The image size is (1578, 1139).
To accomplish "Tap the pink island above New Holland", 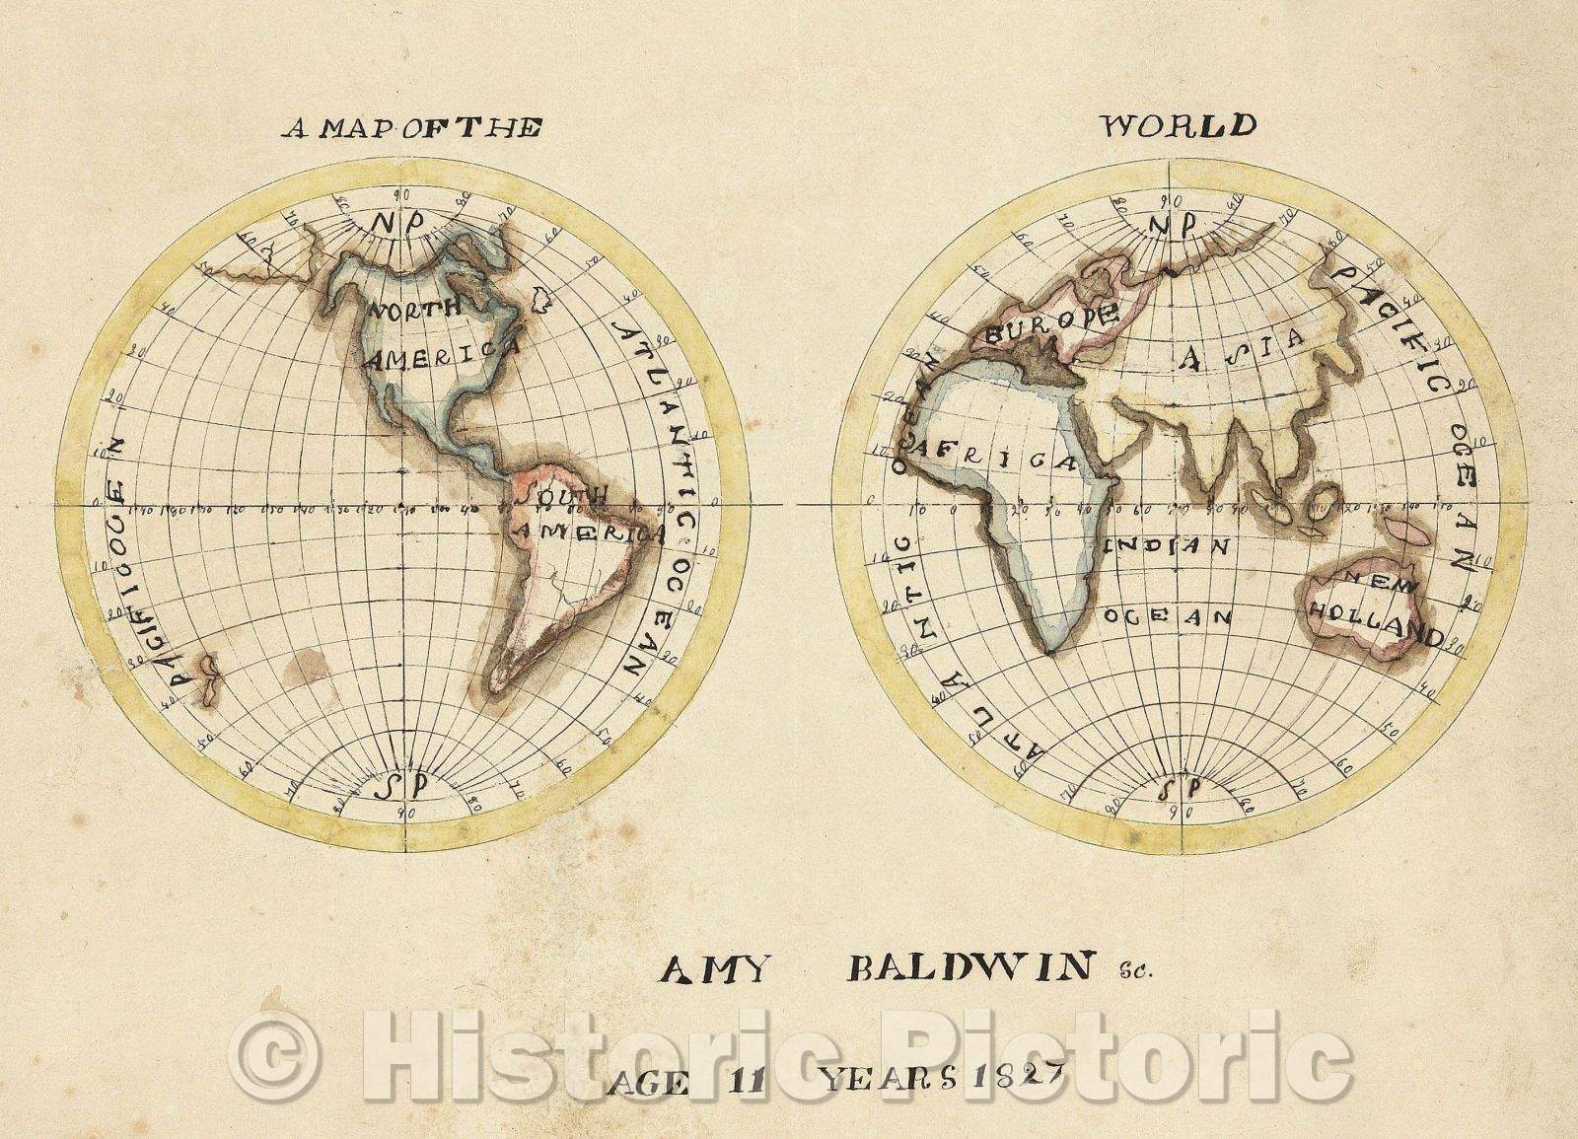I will (x=1407, y=532).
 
